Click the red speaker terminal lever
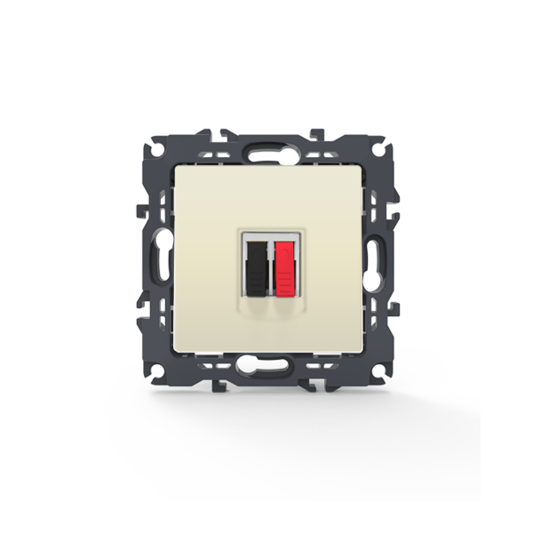(283, 266)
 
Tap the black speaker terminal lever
(257, 266)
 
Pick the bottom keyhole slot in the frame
(266, 363)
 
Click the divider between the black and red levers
(270, 266)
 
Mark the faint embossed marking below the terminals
(270, 307)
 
